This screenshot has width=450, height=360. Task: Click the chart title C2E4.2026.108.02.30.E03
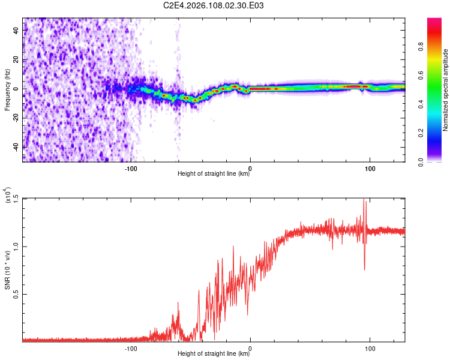214,5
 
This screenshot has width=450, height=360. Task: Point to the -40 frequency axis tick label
16,146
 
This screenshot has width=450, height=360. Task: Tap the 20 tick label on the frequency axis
16,59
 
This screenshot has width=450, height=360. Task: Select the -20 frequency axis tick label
16,118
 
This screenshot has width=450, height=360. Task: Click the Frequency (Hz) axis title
7,90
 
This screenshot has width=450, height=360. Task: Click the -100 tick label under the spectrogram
131,168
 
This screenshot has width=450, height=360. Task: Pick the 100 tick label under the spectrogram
370,168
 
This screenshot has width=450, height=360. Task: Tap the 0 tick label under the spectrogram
250,168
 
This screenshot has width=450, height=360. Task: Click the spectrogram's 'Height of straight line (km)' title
214,174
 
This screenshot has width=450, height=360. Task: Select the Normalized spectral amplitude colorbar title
446,90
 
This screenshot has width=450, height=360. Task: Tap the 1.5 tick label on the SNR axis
16,199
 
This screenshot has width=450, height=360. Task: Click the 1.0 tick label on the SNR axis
16,246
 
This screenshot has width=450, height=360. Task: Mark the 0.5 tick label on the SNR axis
16,294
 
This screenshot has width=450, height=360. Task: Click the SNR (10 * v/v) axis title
8,270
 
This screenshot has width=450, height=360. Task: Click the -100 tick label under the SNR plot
131,348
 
